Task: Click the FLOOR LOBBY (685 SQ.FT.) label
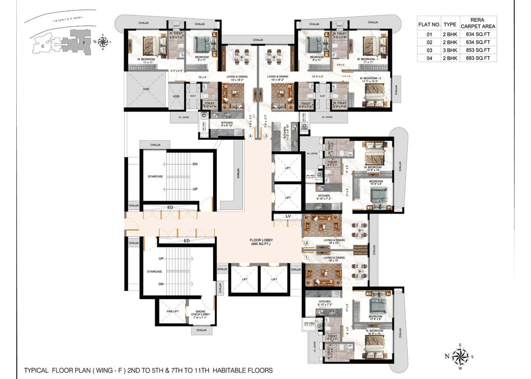coord(261,242)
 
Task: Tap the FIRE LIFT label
coord(173,311)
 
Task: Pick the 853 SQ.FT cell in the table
coord(478,50)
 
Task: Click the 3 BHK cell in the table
coord(450,50)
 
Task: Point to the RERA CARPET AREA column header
coord(478,23)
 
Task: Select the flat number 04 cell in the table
coord(429,58)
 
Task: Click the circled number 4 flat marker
coord(250,136)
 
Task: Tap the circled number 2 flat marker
coord(307,243)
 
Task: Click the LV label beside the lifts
coord(288,216)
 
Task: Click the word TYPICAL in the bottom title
coord(36,370)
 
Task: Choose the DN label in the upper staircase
coord(195,164)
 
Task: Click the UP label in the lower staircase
coord(161,258)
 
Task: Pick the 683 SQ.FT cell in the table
coord(478,58)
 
